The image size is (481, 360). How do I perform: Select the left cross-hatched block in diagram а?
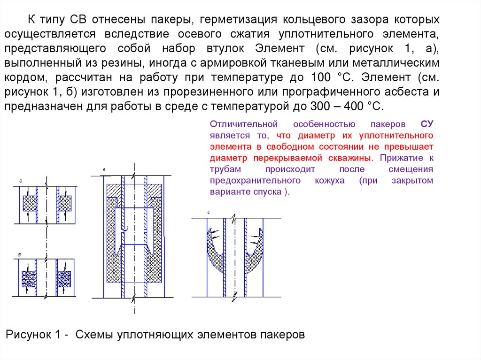pyautogui.click(x=30, y=203)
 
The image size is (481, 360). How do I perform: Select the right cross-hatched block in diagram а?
pyautogui.click(x=64, y=203)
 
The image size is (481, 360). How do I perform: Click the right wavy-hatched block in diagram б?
pyautogui.click(x=64, y=278)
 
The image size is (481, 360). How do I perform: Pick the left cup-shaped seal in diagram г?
pyautogui.click(x=217, y=253)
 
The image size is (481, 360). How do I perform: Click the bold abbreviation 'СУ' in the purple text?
pyautogui.click(x=427, y=124)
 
